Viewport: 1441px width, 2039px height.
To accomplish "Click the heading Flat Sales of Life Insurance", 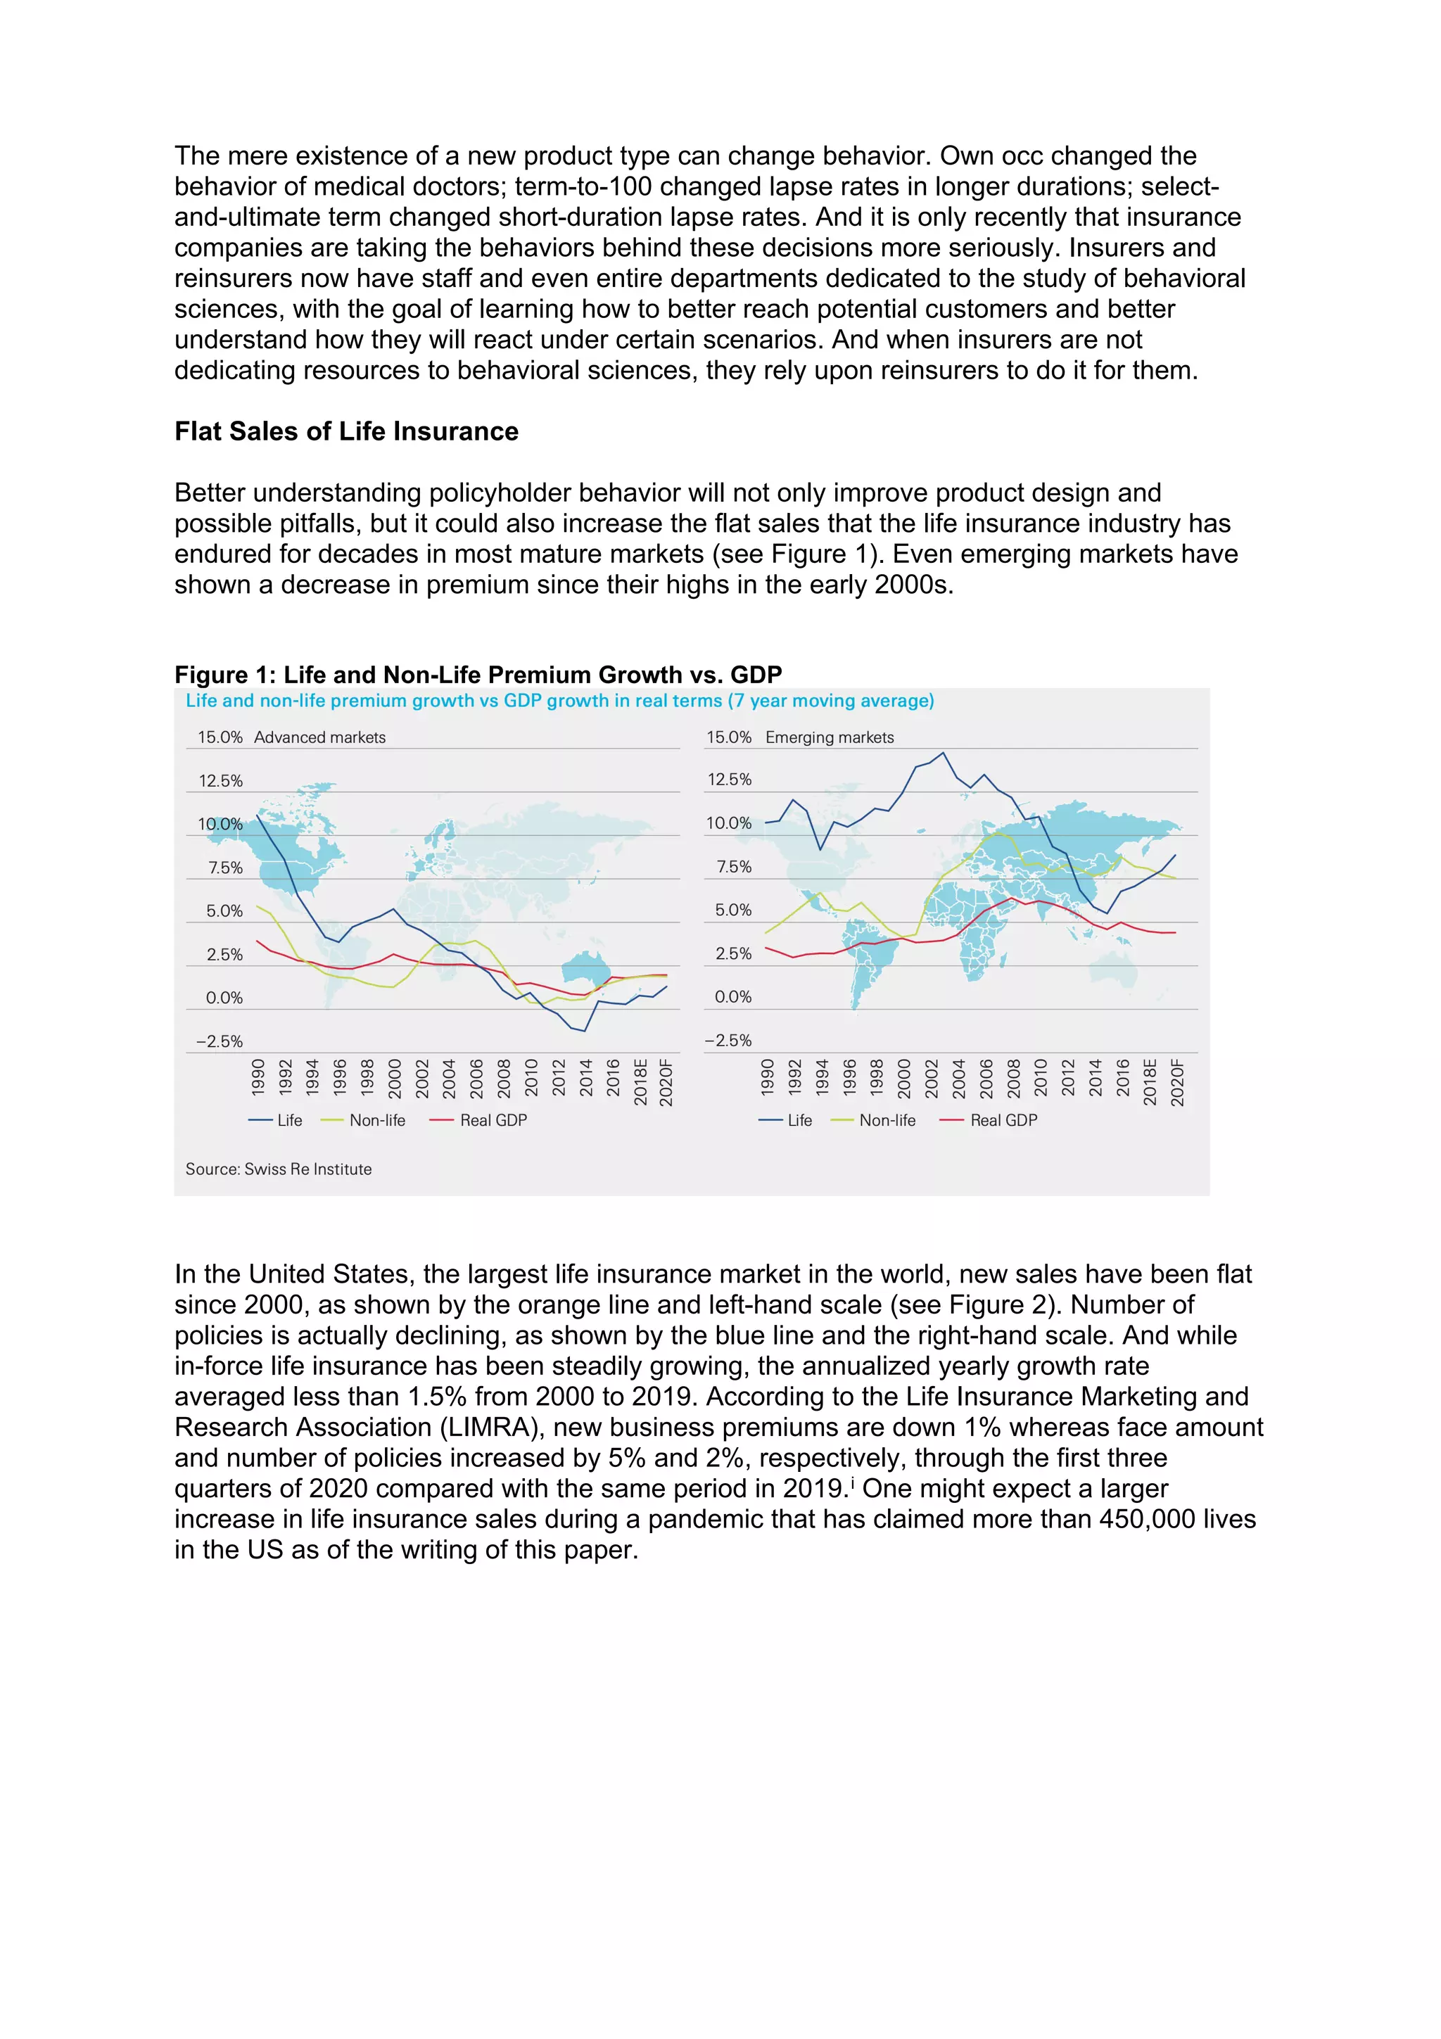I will [x=346, y=431].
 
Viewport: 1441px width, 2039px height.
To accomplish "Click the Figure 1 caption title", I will [x=478, y=675].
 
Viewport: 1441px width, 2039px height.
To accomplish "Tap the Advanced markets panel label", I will [x=319, y=737].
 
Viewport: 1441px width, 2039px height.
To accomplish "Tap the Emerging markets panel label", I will [x=830, y=737].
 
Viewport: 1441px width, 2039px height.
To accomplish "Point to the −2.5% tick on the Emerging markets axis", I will [x=728, y=1041].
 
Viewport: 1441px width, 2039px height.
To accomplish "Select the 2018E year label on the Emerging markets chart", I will [x=1150, y=1081].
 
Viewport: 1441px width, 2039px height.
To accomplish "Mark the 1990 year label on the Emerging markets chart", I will [x=767, y=1076].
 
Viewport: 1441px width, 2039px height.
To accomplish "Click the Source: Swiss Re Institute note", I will [x=278, y=1169].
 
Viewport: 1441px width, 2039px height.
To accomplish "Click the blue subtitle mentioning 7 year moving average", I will [x=559, y=701].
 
